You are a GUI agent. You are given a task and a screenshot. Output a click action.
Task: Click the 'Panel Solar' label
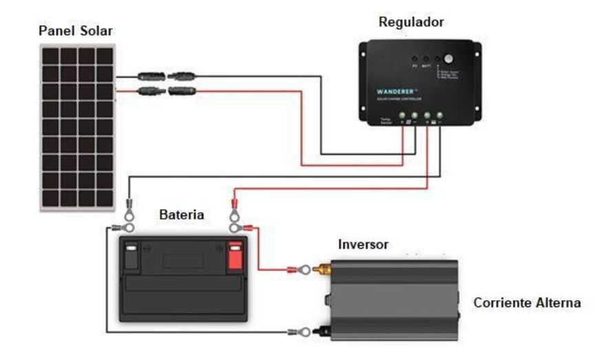(x=75, y=31)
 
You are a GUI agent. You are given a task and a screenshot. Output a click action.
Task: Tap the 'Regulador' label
(x=412, y=22)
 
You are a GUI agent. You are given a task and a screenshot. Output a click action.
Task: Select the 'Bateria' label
(x=182, y=215)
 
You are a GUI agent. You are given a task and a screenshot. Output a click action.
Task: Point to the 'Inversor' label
(x=363, y=245)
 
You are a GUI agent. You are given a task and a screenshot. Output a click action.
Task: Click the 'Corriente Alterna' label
(x=527, y=303)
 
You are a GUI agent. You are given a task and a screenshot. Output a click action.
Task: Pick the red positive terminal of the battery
(x=235, y=256)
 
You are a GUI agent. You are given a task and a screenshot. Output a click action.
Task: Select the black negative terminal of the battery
(x=131, y=256)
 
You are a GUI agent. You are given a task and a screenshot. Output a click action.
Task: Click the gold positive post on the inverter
(x=321, y=269)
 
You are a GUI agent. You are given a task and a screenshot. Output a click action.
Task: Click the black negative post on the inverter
(x=321, y=332)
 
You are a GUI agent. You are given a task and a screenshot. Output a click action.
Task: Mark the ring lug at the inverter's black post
(x=297, y=332)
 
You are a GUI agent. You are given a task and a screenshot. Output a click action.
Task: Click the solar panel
(x=76, y=127)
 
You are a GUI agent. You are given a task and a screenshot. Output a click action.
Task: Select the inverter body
(x=393, y=299)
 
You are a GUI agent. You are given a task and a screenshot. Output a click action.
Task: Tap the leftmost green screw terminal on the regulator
(x=403, y=116)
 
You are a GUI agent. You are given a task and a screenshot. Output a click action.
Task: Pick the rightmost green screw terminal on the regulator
(x=439, y=116)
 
